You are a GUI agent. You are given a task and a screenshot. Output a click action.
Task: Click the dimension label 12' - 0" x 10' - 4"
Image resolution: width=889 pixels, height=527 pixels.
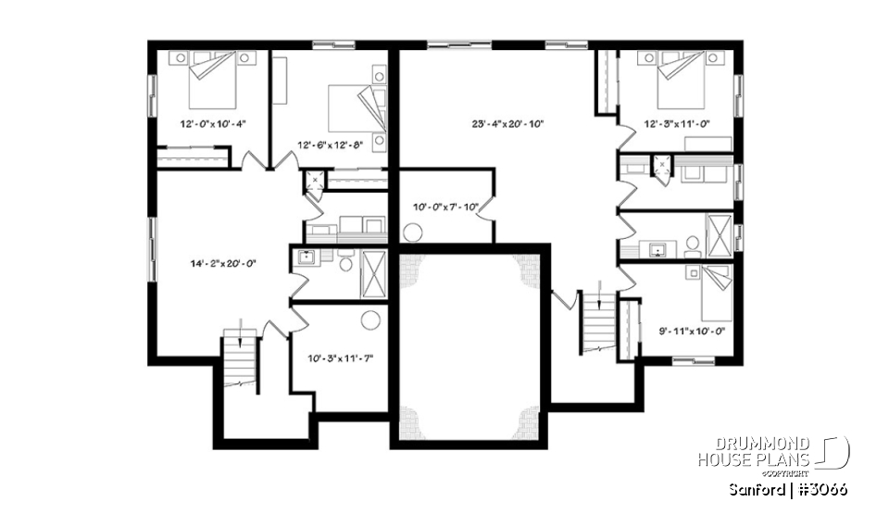pos(213,122)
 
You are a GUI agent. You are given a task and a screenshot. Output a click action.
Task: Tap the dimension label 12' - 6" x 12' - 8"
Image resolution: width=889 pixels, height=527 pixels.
pos(333,144)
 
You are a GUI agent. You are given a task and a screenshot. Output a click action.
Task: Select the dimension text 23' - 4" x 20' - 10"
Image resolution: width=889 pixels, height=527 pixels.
pos(507,122)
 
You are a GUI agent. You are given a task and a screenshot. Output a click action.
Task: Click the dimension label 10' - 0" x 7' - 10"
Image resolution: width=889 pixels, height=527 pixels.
pos(444,207)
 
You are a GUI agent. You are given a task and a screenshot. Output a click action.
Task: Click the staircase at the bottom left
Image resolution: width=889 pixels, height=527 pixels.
pos(239,362)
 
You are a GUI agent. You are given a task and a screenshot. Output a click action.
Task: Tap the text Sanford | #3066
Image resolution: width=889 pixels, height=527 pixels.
pos(787,489)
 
